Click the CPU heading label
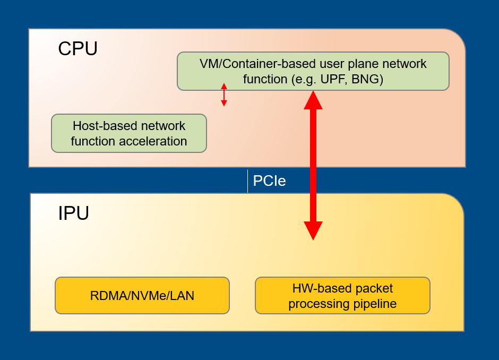point(78,49)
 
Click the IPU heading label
point(73,213)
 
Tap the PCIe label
point(269,181)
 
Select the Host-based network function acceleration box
point(128,133)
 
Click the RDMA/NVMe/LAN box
point(142,296)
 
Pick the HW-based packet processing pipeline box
point(342,296)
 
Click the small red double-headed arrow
point(224,95)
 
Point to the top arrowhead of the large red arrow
point(313,100)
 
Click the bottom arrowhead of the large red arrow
point(313,230)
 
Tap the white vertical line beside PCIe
point(247,181)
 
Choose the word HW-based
point(317,288)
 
